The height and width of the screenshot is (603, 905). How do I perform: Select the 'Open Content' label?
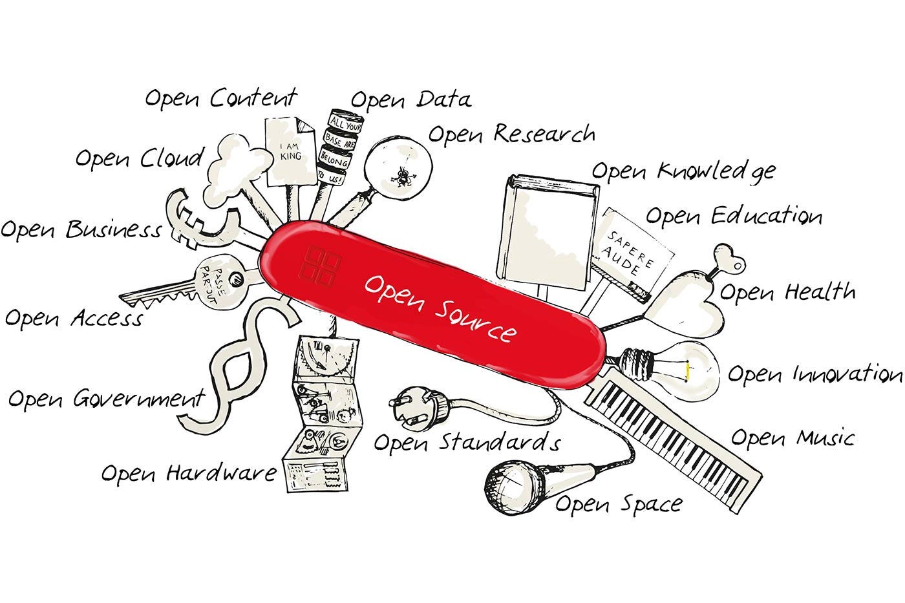[x=221, y=98]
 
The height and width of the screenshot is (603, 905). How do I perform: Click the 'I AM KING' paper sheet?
[x=291, y=151]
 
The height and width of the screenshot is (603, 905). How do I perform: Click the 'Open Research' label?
[x=511, y=134]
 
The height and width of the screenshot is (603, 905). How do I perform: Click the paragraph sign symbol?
[x=242, y=363]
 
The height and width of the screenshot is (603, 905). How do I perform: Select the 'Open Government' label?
[x=107, y=399]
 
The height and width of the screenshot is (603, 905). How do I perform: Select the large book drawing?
[x=548, y=232]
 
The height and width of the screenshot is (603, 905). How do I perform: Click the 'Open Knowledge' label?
[x=684, y=173]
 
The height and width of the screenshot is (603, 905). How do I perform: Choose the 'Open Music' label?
[x=793, y=438]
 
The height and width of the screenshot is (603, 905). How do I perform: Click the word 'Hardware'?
[x=221, y=472]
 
